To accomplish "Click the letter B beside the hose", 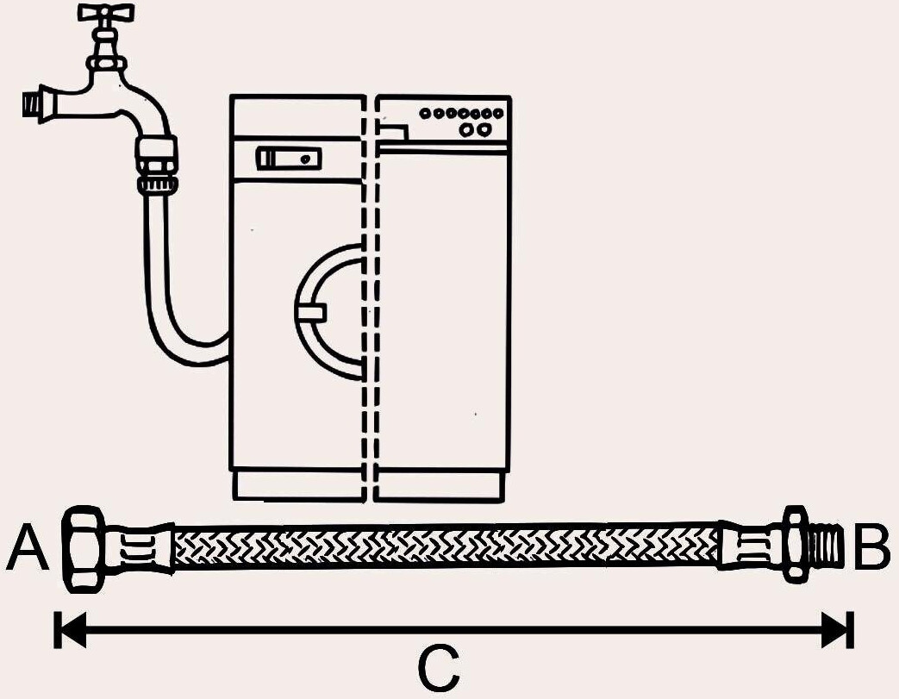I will [x=871, y=549].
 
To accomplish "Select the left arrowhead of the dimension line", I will [x=69, y=630].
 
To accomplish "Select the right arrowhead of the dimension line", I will [x=837, y=630].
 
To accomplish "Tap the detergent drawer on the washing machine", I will [x=288, y=159].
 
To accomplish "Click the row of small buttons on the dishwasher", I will [x=461, y=113].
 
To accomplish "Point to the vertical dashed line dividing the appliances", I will [x=371, y=293].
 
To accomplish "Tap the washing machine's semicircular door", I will [x=332, y=311].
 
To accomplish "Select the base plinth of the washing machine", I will [x=298, y=485].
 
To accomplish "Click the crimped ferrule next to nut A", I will [x=139, y=547].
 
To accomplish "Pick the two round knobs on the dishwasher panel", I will [x=477, y=129].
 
